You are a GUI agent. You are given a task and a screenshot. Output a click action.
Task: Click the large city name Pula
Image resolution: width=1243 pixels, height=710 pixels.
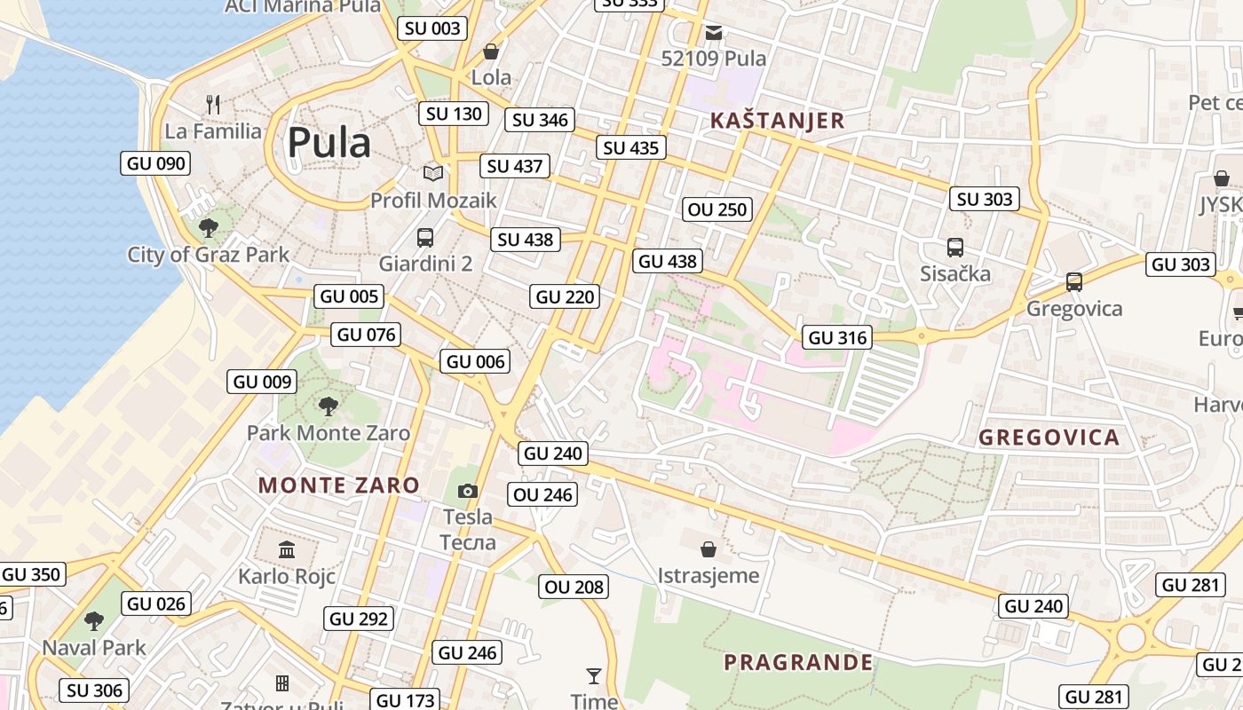(329, 142)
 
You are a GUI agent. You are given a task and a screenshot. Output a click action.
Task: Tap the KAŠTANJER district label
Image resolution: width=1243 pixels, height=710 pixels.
(776, 121)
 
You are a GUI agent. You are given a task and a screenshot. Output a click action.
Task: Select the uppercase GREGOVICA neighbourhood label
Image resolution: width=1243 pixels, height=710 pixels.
(1049, 438)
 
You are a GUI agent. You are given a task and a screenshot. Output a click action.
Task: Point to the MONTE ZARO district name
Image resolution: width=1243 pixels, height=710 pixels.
(338, 485)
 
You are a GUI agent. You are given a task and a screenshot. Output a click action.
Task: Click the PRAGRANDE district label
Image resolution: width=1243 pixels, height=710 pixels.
(798, 662)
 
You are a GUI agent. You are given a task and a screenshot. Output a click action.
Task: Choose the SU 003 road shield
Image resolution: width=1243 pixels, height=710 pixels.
(432, 28)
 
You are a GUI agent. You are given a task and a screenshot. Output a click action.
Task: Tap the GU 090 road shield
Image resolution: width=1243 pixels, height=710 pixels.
(156, 163)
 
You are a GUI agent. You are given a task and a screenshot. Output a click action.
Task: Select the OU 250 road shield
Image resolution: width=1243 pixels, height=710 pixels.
(717, 209)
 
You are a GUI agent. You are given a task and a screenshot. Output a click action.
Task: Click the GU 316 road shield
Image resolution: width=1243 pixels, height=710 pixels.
(836, 337)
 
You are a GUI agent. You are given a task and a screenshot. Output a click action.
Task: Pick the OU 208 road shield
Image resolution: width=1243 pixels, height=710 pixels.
(574, 587)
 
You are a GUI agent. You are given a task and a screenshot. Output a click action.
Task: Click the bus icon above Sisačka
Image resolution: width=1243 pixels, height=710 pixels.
(955, 248)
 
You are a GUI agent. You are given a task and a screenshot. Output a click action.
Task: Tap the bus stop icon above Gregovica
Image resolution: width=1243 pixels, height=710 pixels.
(1074, 282)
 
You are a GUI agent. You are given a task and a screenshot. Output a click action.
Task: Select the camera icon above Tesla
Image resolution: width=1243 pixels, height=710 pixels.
(468, 491)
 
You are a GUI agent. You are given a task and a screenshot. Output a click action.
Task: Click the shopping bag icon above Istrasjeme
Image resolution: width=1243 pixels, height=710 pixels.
(709, 549)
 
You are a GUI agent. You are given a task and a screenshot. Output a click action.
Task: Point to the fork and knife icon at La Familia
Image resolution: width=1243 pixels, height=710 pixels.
(213, 105)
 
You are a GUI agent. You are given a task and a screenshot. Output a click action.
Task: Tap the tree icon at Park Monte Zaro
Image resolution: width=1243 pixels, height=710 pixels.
(329, 406)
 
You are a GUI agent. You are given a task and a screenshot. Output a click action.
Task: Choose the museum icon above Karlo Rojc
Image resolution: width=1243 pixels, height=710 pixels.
(286, 550)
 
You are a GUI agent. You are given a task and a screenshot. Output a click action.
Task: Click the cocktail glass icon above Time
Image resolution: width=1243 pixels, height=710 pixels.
(594, 676)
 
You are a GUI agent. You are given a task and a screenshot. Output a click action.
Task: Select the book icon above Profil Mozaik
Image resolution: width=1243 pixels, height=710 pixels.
(432, 173)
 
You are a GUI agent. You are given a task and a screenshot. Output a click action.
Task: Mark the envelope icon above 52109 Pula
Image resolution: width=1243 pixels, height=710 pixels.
(714, 33)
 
